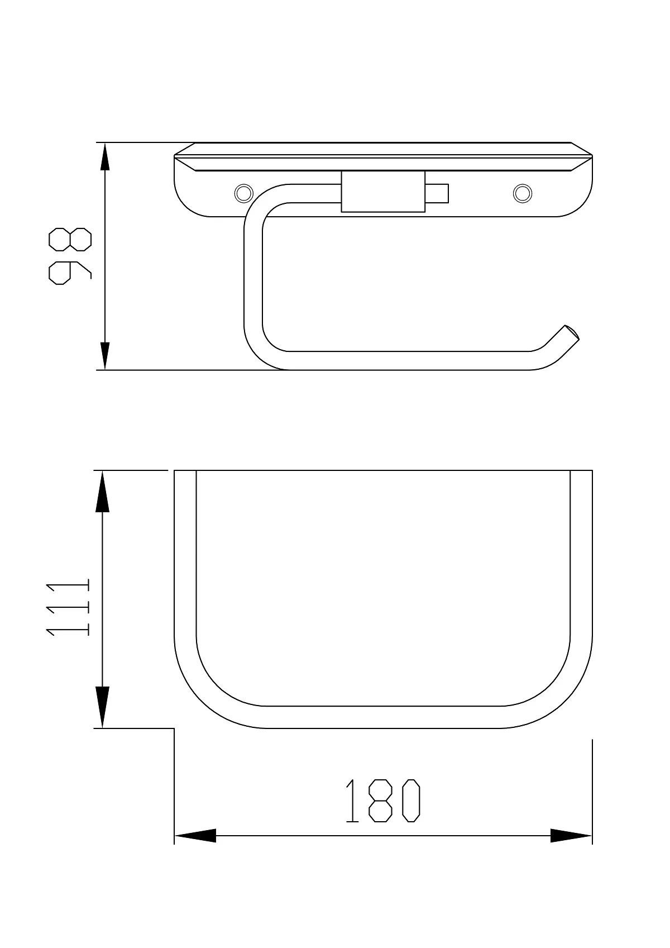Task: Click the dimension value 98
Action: (70, 256)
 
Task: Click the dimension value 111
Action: (68, 608)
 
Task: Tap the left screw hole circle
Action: (243, 193)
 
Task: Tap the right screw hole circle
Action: (523, 193)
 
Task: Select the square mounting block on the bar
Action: (383, 191)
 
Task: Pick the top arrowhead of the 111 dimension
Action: (102, 491)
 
